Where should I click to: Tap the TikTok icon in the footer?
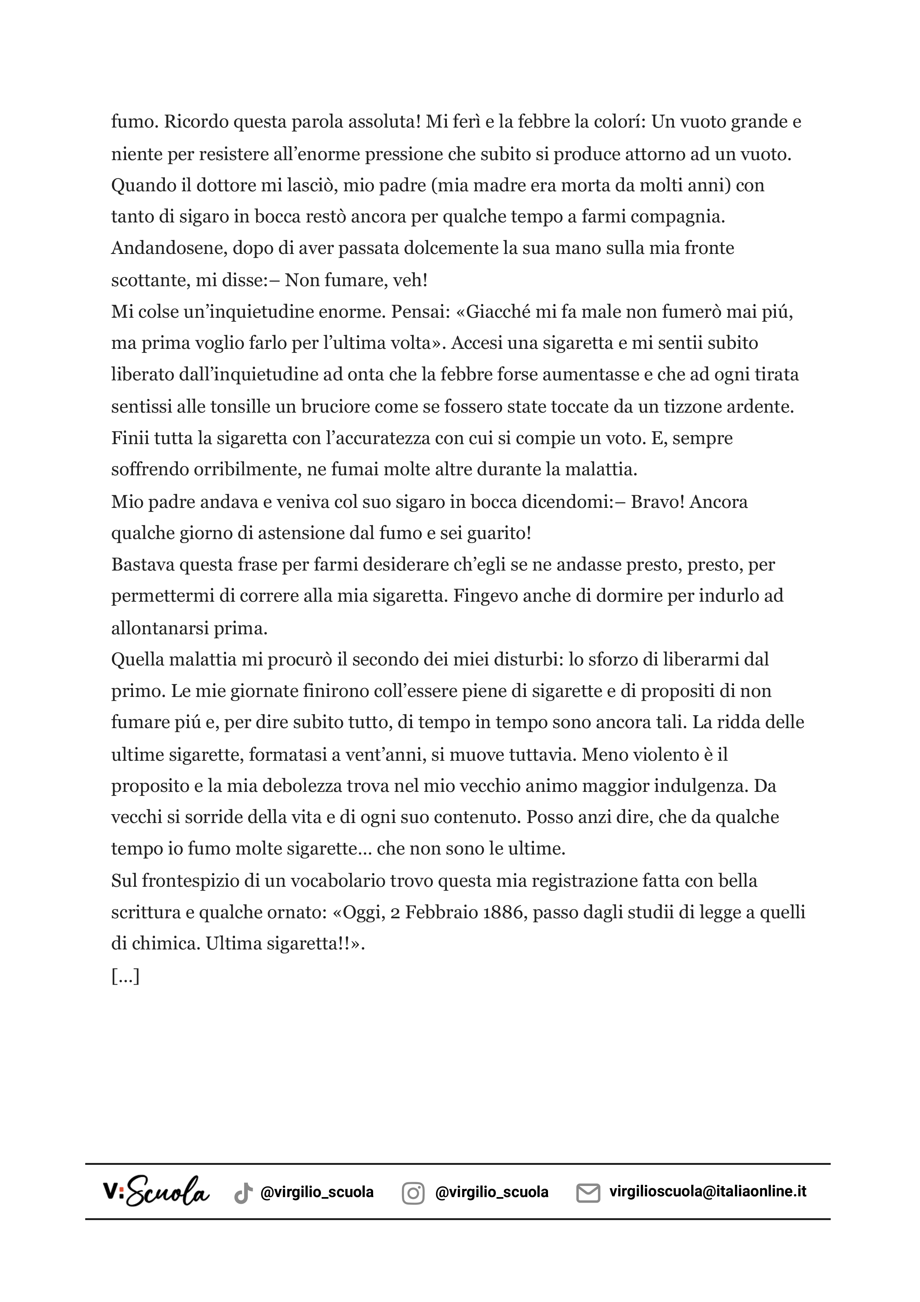point(243,1193)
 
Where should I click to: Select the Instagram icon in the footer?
point(413,1193)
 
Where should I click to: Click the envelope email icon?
point(588,1193)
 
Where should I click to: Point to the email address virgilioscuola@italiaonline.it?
point(707,1192)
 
